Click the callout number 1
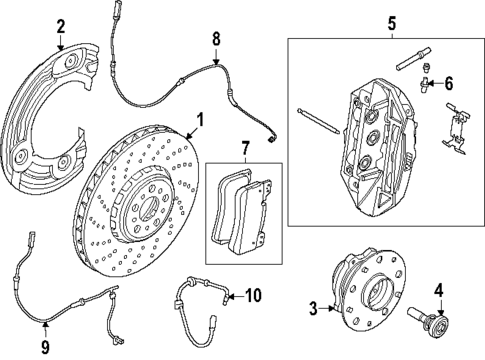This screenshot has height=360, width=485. click(200, 120)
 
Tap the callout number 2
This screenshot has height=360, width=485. click(60, 27)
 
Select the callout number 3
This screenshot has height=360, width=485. click(313, 308)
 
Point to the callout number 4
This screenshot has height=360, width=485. click(439, 291)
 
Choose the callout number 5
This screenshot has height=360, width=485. click(392, 24)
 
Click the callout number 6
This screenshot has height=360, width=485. click(449, 83)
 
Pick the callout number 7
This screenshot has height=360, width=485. click(245, 148)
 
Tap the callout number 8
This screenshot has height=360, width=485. click(216, 39)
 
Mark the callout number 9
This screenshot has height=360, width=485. click(45, 346)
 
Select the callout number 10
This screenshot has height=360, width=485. click(253, 295)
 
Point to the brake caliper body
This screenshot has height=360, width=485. click(377, 148)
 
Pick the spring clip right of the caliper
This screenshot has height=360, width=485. click(455, 128)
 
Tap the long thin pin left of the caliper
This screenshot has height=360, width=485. click(318, 121)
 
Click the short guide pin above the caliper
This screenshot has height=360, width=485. click(413, 59)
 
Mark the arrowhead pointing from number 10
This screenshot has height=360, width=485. click(230, 296)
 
